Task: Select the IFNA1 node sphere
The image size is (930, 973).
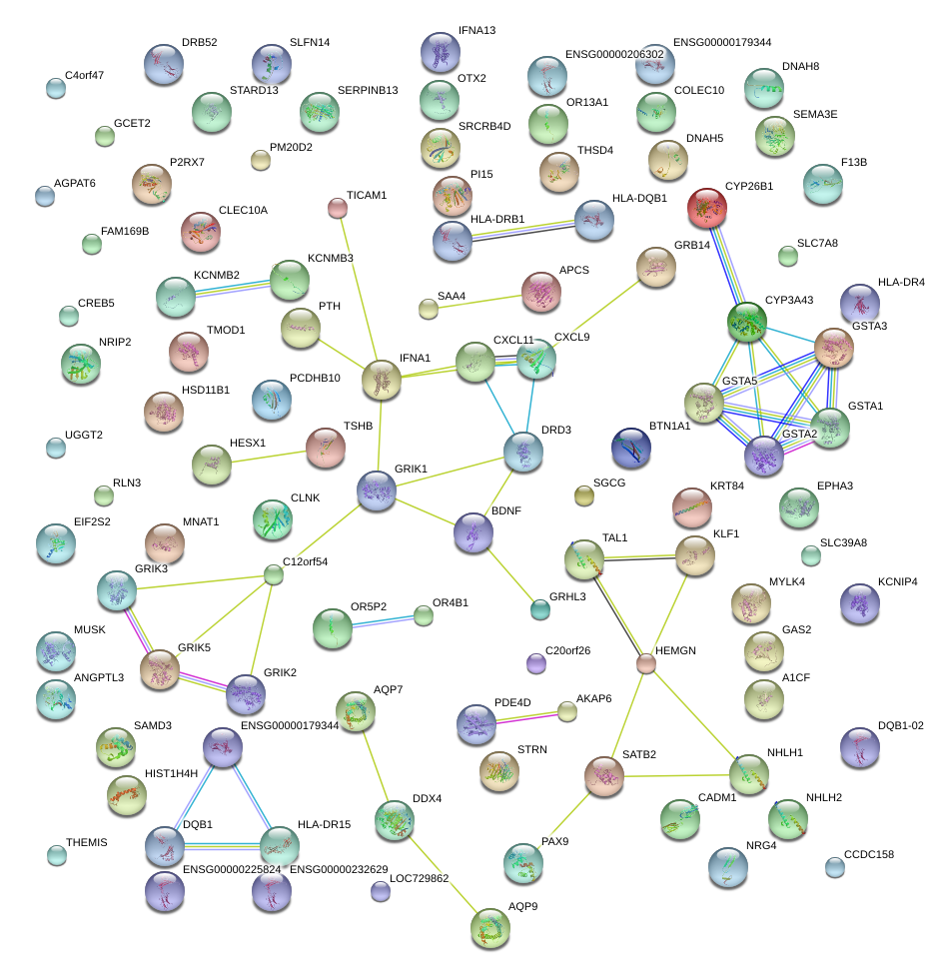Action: (381, 380)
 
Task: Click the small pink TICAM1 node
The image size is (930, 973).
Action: (338, 208)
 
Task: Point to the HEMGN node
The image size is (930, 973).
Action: (646, 663)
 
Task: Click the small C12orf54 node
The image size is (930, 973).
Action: (274, 574)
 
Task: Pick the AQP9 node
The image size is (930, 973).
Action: (490, 928)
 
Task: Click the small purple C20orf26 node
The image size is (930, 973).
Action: (536, 662)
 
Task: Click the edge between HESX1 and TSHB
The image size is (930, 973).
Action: (268, 456)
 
